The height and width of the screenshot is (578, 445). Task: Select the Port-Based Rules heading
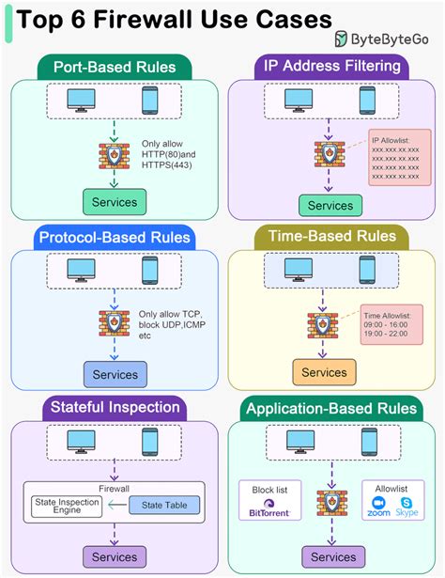pos(114,67)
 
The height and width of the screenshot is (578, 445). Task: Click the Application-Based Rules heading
pos(332,407)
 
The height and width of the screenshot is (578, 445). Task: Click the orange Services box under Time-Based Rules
pos(324,372)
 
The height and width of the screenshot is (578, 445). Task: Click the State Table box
pos(163,506)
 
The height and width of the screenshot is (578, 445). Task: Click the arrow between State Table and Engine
pos(119,506)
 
